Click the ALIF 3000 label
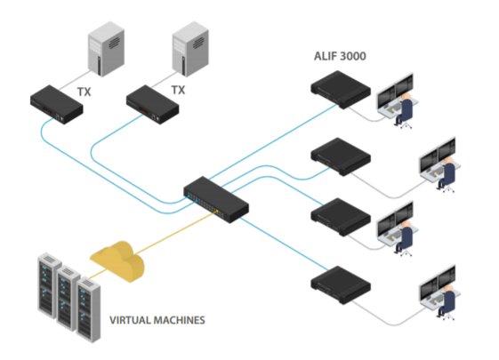pos(340,56)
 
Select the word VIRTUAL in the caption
pos(131,320)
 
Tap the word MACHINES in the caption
pos(180,320)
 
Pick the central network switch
pos(216,199)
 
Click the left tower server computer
pos(106,49)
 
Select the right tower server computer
pos(190,49)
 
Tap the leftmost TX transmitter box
pos(57,104)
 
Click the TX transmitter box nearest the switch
pos(152,104)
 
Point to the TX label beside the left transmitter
pos(84,92)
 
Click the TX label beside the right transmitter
pos(178,90)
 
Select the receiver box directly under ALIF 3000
pos(341,90)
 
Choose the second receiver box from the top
pos(341,156)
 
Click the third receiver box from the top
pos(341,217)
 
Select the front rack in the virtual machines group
pos(88,310)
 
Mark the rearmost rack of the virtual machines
pos(50,285)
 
